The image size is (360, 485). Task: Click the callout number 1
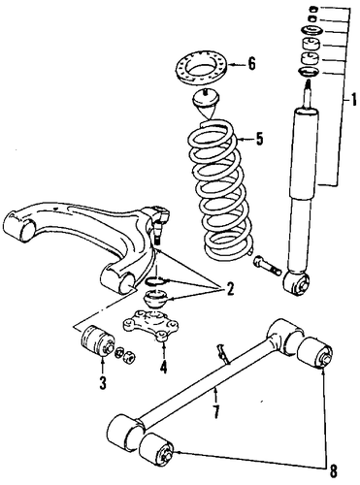click(x=353, y=99)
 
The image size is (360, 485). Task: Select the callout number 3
click(x=103, y=382)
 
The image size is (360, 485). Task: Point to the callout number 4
click(x=163, y=367)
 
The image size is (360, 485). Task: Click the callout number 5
click(x=259, y=139)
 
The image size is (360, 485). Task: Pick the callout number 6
click(x=251, y=63)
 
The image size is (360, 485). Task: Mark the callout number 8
click(x=333, y=471)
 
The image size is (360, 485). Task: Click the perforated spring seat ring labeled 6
click(x=201, y=68)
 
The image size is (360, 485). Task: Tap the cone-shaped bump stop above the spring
click(x=207, y=104)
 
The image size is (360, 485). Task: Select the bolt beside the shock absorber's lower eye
click(x=267, y=265)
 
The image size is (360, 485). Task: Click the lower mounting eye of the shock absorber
click(x=295, y=283)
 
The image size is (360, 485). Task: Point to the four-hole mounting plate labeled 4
click(x=150, y=324)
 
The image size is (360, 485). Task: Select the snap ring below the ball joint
click(x=155, y=280)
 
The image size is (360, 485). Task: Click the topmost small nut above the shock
click(x=312, y=9)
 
